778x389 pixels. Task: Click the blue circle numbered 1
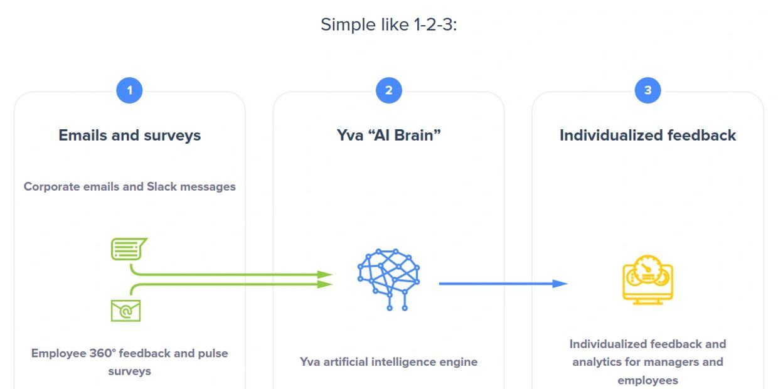tap(129, 90)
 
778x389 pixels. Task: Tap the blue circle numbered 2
tap(389, 90)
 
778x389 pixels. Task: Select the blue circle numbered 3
tap(647, 90)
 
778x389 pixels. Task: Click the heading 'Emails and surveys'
tap(130, 136)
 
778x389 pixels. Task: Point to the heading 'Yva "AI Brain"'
tap(389, 136)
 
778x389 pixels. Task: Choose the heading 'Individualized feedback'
tap(647, 136)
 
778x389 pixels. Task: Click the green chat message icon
tap(128, 249)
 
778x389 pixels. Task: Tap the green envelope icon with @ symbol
tap(125, 311)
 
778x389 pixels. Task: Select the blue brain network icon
tap(389, 279)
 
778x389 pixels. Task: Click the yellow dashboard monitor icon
tap(647, 280)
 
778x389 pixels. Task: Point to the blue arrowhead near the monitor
tap(560, 284)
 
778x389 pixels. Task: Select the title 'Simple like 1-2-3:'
tap(389, 24)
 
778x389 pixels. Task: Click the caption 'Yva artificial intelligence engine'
tap(389, 362)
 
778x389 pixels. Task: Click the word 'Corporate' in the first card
tap(51, 186)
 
